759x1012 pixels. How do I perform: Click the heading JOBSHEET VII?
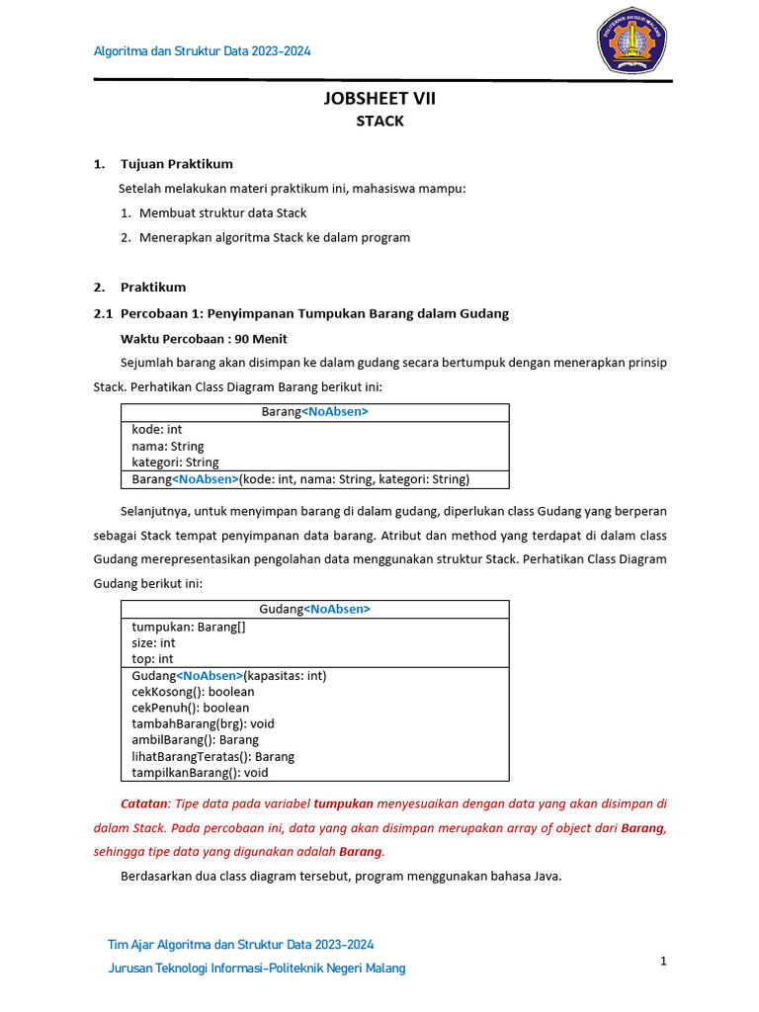tap(379, 98)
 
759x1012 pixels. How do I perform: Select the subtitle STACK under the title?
tap(379, 122)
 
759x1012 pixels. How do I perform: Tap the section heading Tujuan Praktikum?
tap(176, 164)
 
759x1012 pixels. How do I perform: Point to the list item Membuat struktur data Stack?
tap(222, 212)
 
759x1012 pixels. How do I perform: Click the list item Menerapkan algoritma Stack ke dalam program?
tap(274, 237)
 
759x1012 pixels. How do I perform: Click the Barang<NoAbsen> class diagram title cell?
tap(314, 412)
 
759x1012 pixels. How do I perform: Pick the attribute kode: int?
tap(157, 430)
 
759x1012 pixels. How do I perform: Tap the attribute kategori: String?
tap(175, 463)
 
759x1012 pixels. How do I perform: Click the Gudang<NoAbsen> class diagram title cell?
tap(314, 609)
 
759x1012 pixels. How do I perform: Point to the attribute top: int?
tap(152, 659)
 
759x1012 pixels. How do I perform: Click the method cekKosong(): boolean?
tap(193, 692)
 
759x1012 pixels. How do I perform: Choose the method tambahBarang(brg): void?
tap(203, 723)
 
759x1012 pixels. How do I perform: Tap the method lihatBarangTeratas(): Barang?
tap(212, 756)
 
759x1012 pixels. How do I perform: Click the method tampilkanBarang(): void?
tap(200, 773)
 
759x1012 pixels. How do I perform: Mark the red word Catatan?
tap(144, 803)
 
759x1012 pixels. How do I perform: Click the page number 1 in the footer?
tap(664, 961)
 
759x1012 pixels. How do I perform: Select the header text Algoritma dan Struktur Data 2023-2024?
tap(202, 50)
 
